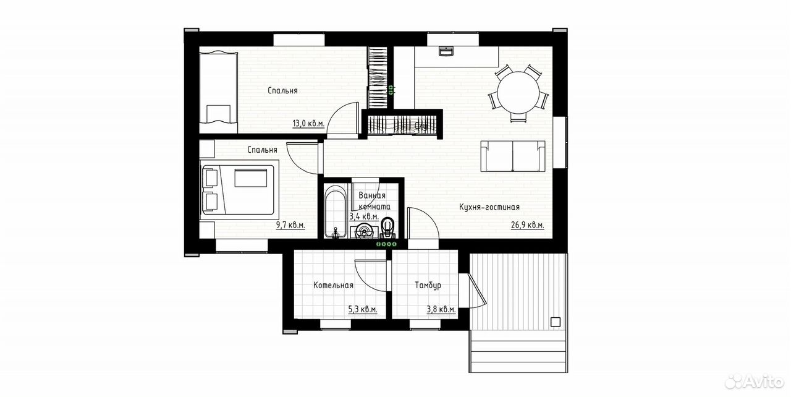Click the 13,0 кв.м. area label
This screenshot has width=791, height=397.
(x=308, y=124)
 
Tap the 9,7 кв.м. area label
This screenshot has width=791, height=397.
(x=290, y=225)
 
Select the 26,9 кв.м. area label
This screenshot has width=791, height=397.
(x=528, y=225)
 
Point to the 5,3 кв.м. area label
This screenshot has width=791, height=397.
(x=363, y=310)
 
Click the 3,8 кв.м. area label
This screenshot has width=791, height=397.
(x=441, y=310)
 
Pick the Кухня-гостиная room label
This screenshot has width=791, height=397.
(x=489, y=207)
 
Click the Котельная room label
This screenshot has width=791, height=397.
(x=333, y=285)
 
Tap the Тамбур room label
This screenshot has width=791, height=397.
(x=428, y=285)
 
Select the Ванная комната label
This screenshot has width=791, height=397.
(x=374, y=201)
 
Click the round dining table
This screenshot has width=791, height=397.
(x=518, y=93)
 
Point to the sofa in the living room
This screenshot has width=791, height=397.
(x=513, y=156)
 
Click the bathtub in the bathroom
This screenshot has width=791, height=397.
(x=336, y=211)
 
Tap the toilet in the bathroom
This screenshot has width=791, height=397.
(x=388, y=228)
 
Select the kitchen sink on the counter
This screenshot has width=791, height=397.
(x=446, y=51)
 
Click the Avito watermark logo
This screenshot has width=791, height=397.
(x=753, y=381)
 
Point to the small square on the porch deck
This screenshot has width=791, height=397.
(x=556, y=322)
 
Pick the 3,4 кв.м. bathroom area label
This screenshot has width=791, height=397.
(x=364, y=216)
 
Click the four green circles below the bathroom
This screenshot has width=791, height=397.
(x=386, y=244)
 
